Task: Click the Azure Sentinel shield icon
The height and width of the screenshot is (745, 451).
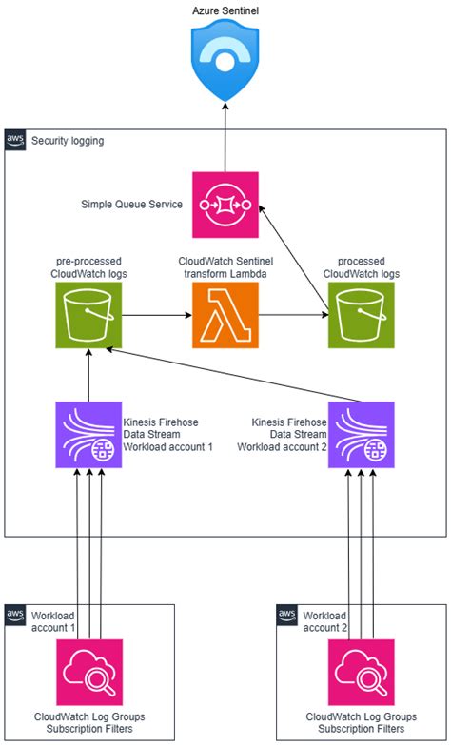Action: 225,63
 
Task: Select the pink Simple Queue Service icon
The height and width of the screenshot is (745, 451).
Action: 225,205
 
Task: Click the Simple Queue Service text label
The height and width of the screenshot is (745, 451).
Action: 131,205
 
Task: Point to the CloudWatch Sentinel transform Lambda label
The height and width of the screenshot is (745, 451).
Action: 225,267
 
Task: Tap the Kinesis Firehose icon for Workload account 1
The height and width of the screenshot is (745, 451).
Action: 88,434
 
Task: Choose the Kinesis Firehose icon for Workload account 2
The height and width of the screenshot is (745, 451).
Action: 362,434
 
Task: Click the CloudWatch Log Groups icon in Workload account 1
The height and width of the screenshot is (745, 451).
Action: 88,672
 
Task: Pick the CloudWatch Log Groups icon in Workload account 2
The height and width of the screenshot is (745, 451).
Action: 362,672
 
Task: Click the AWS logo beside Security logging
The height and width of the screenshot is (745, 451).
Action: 16,140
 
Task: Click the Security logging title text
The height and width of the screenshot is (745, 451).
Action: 68,141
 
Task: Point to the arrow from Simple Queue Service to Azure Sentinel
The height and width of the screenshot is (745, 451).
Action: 225,138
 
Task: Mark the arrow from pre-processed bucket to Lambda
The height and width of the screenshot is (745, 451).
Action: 156,314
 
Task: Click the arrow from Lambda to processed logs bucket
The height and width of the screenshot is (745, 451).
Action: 293,314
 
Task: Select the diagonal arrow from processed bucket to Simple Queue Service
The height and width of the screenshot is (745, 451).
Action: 298,257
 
